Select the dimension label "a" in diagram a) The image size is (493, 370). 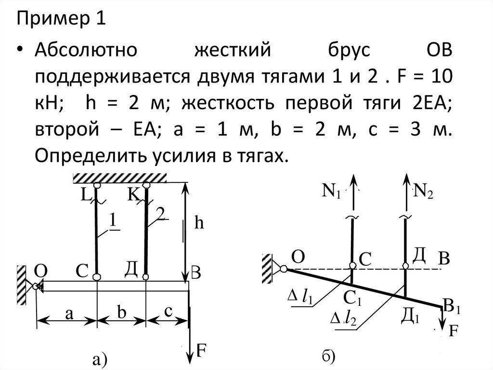69,314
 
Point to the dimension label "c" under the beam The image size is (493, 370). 168,312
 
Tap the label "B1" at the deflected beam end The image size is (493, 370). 452,306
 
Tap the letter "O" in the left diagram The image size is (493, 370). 42,271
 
